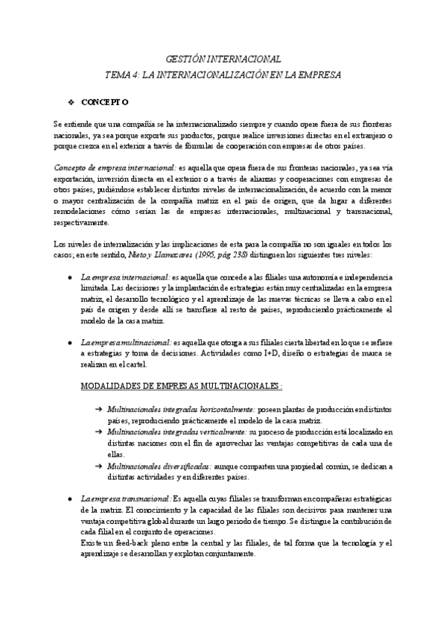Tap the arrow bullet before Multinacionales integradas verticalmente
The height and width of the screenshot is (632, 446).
(99, 432)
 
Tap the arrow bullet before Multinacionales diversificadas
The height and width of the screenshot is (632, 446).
(99, 465)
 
